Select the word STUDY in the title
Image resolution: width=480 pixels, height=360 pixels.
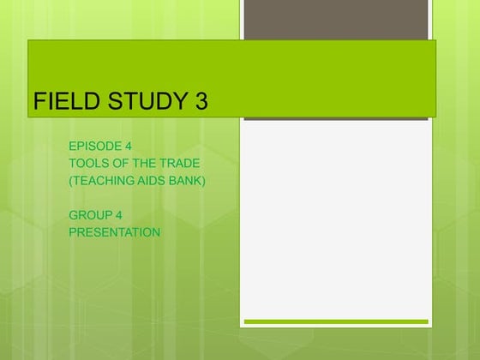pyautogui.click(x=136, y=101)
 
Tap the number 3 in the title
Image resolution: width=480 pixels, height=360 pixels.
pyautogui.click(x=201, y=101)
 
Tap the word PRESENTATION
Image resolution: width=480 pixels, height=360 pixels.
pyautogui.click(x=115, y=231)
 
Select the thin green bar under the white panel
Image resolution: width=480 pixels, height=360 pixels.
pyautogui.click(x=335, y=321)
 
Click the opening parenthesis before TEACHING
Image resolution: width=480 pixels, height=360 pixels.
pyautogui.click(x=71, y=180)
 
